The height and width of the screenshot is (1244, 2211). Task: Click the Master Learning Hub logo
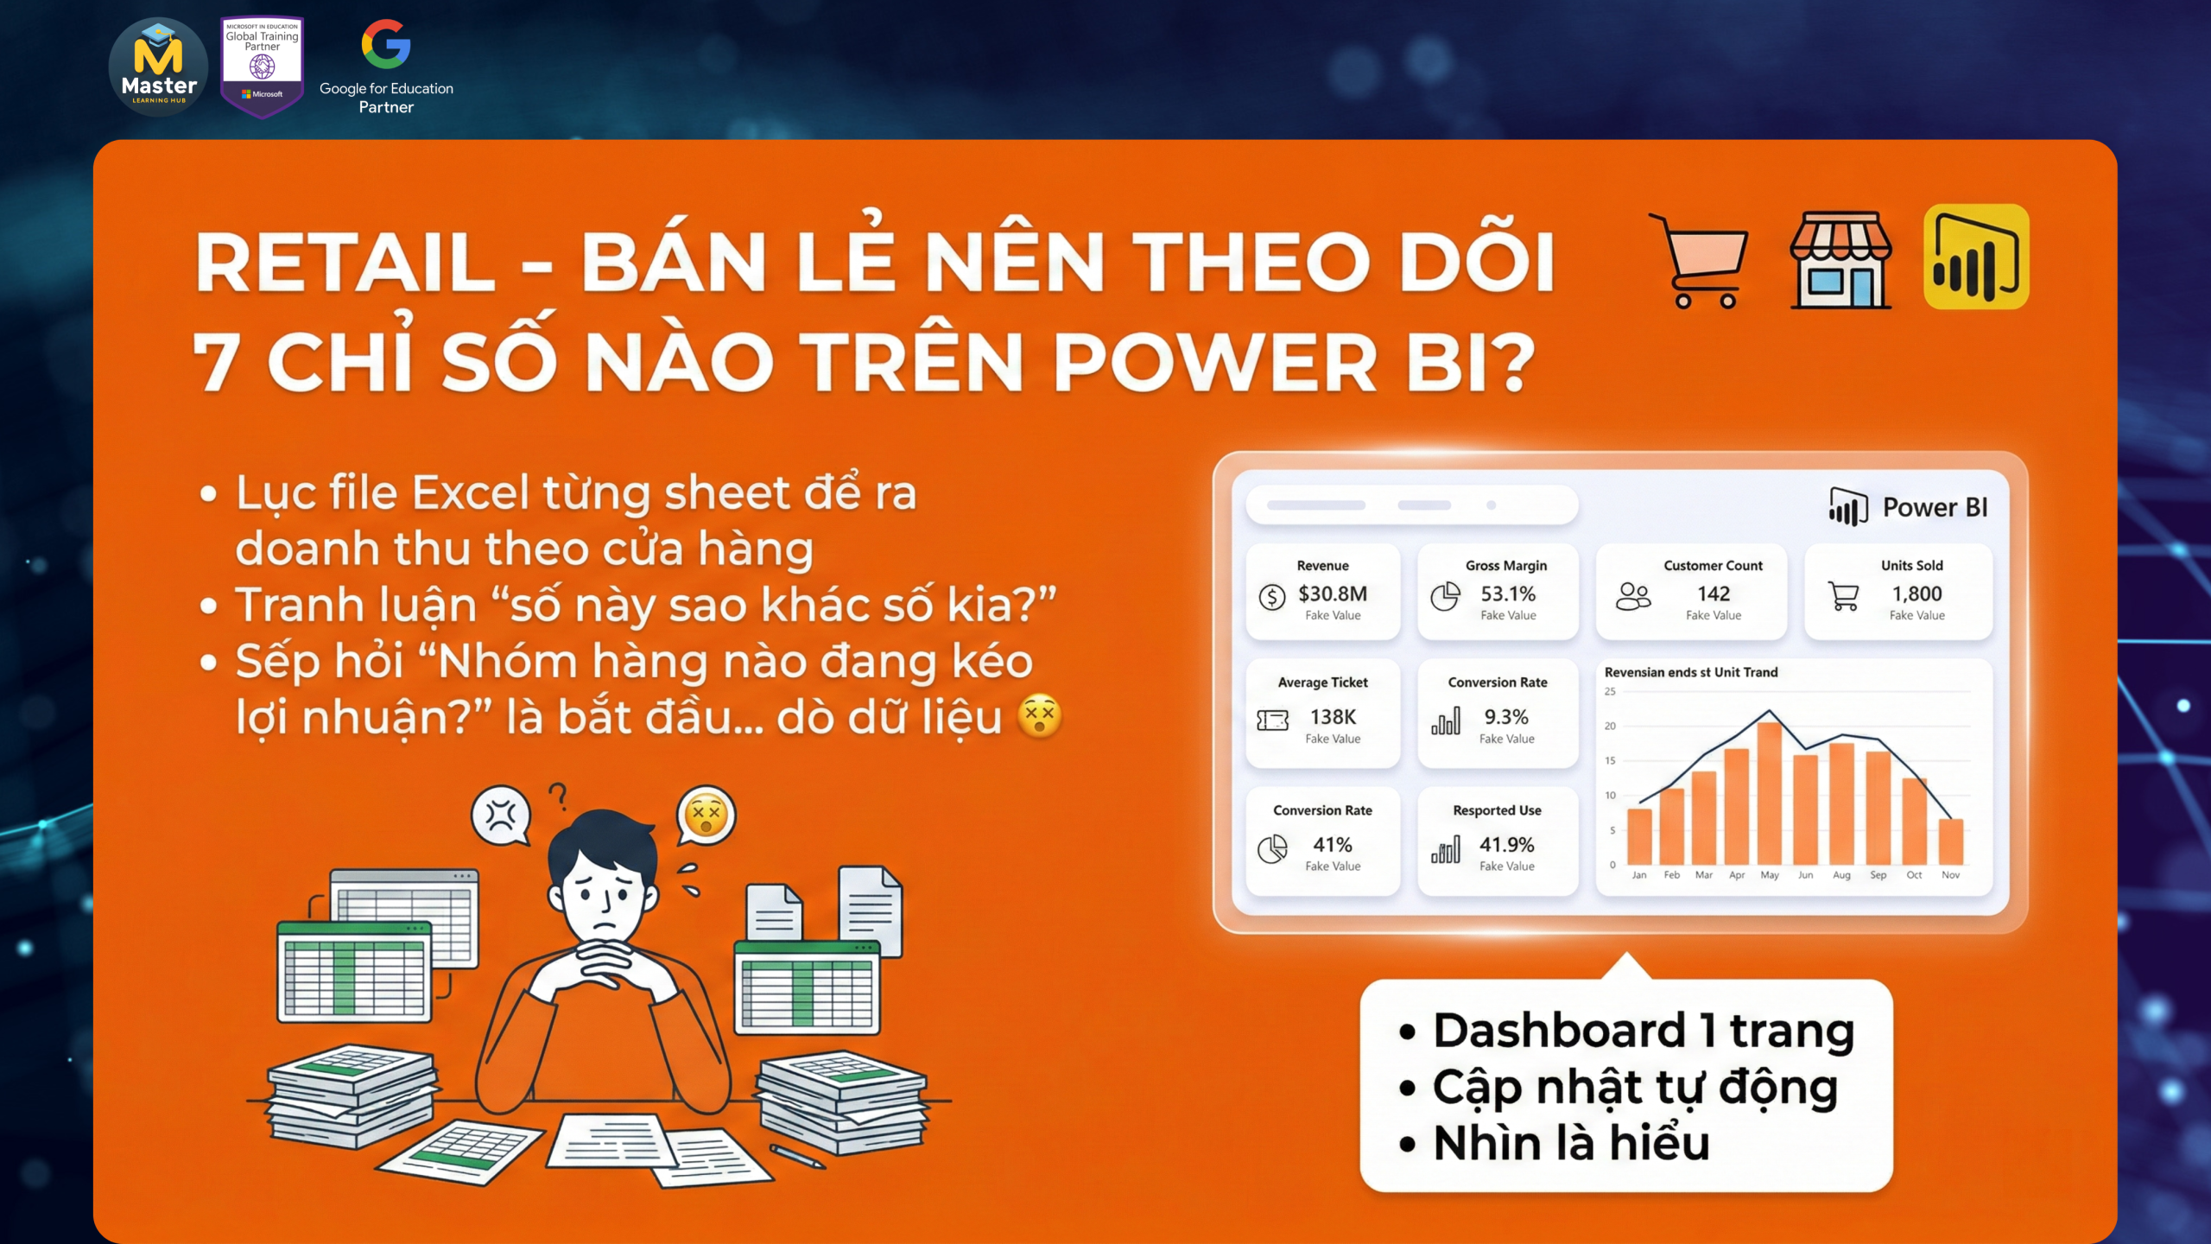click(x=158, y=67)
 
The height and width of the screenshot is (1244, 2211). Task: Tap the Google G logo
click(x=385, y=44)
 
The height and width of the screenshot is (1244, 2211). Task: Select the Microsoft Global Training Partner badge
click(x=262, y=67)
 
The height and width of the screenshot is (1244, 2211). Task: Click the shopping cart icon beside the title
click(x=1699, y=260)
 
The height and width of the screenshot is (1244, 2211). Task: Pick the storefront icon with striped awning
click(x=1840, y=260)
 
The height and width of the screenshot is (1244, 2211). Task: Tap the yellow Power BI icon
click(x=1976, y=257)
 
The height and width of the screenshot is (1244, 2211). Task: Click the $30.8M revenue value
click(x=1333, y=593)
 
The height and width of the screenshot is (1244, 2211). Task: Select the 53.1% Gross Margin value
click(x=1508, y=593)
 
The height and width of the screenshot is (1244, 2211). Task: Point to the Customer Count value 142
click(x=1714, y=593)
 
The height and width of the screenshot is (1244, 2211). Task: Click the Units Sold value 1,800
click(x=1916, y=593)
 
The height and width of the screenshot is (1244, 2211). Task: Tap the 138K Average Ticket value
click(x=1333, y=717)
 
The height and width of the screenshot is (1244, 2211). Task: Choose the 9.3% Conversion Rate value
click(x=1506, y=717)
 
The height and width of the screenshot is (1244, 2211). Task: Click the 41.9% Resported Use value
click(x=1507, y=844)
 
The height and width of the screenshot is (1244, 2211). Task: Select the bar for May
click(x=1769, y=793)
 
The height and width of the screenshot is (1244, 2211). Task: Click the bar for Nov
click(x=1950, y=841)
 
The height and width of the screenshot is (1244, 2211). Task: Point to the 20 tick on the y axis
click(x=1610, y=726)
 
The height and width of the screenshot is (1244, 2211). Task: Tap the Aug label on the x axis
click(x=1841, y=875)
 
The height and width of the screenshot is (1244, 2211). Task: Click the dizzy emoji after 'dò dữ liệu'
click(x=1040, y=715)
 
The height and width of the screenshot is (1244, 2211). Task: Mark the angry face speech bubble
click(x=501, y=816)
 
